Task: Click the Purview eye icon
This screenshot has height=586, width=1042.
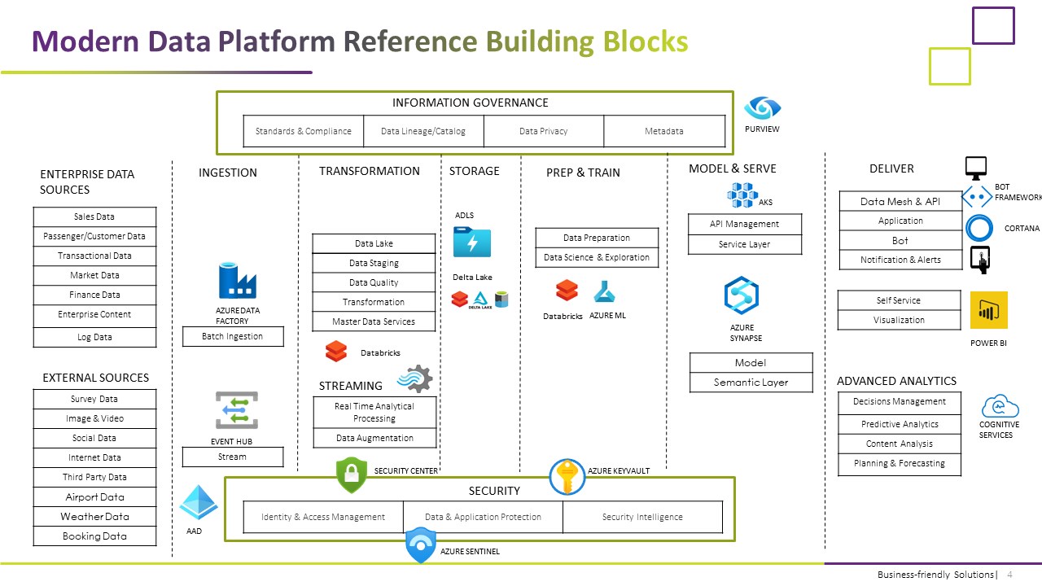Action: pyautogui.click(x=762, y=107)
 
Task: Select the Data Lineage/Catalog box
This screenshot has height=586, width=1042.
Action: pyautogui.click(x=423, y=131)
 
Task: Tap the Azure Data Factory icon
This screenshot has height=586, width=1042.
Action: pyautogui.click(x=237, y=281)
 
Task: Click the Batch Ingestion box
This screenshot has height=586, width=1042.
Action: pyautogui.click(x=232, y=336)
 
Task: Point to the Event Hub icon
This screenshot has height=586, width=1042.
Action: pyautogui.click(x=236, y=410)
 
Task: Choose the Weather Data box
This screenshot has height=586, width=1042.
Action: pyautogui.click(x=94, y=517)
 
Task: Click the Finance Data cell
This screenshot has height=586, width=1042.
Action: pyautogui.click(x=94, y=295)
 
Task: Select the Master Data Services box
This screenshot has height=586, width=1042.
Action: pyautogui.click(x=374, y=321)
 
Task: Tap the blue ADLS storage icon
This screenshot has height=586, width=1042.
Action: pyautogui.click(x=471, y=242)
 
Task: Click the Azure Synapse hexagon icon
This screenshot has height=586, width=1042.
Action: pyautogui.click(x=742, y=295)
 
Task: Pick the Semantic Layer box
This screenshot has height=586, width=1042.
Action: pyautogui.click(x=751, y=383)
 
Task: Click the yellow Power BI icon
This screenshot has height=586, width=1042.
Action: pyautogui.click(x=988, y=310)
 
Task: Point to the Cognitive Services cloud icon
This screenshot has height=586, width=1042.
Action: pyautogui.click(x=1000, y=405)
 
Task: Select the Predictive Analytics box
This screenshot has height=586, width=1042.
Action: pyautogui.click(x=900, y=424)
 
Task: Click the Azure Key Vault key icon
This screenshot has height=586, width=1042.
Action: pyautogui.click(x=567, y=477)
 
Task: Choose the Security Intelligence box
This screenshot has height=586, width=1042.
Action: pyautogui.click(x=642, y=517)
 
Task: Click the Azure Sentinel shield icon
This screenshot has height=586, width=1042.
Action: pyautogui.click(x=421, y=544)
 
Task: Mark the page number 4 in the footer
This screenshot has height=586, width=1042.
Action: pyautogui.click(x=1009, y=575)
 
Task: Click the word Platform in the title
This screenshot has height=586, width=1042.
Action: pyautogui.click(x=277, y=41)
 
